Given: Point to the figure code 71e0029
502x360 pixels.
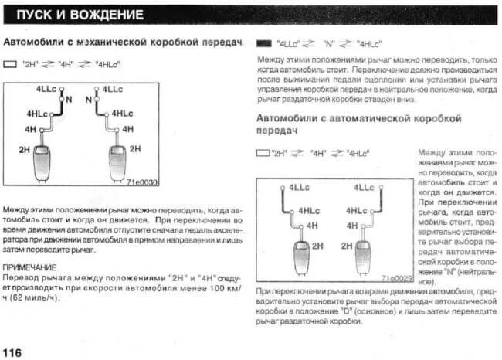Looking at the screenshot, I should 395,277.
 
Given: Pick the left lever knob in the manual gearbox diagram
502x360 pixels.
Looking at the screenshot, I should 41,158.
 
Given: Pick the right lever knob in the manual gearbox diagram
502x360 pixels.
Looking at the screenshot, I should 117,158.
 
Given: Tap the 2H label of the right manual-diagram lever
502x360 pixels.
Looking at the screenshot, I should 136,148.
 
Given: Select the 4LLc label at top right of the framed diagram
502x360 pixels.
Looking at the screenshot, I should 365,188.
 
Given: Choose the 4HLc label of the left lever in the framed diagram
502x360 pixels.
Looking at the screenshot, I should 309,210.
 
